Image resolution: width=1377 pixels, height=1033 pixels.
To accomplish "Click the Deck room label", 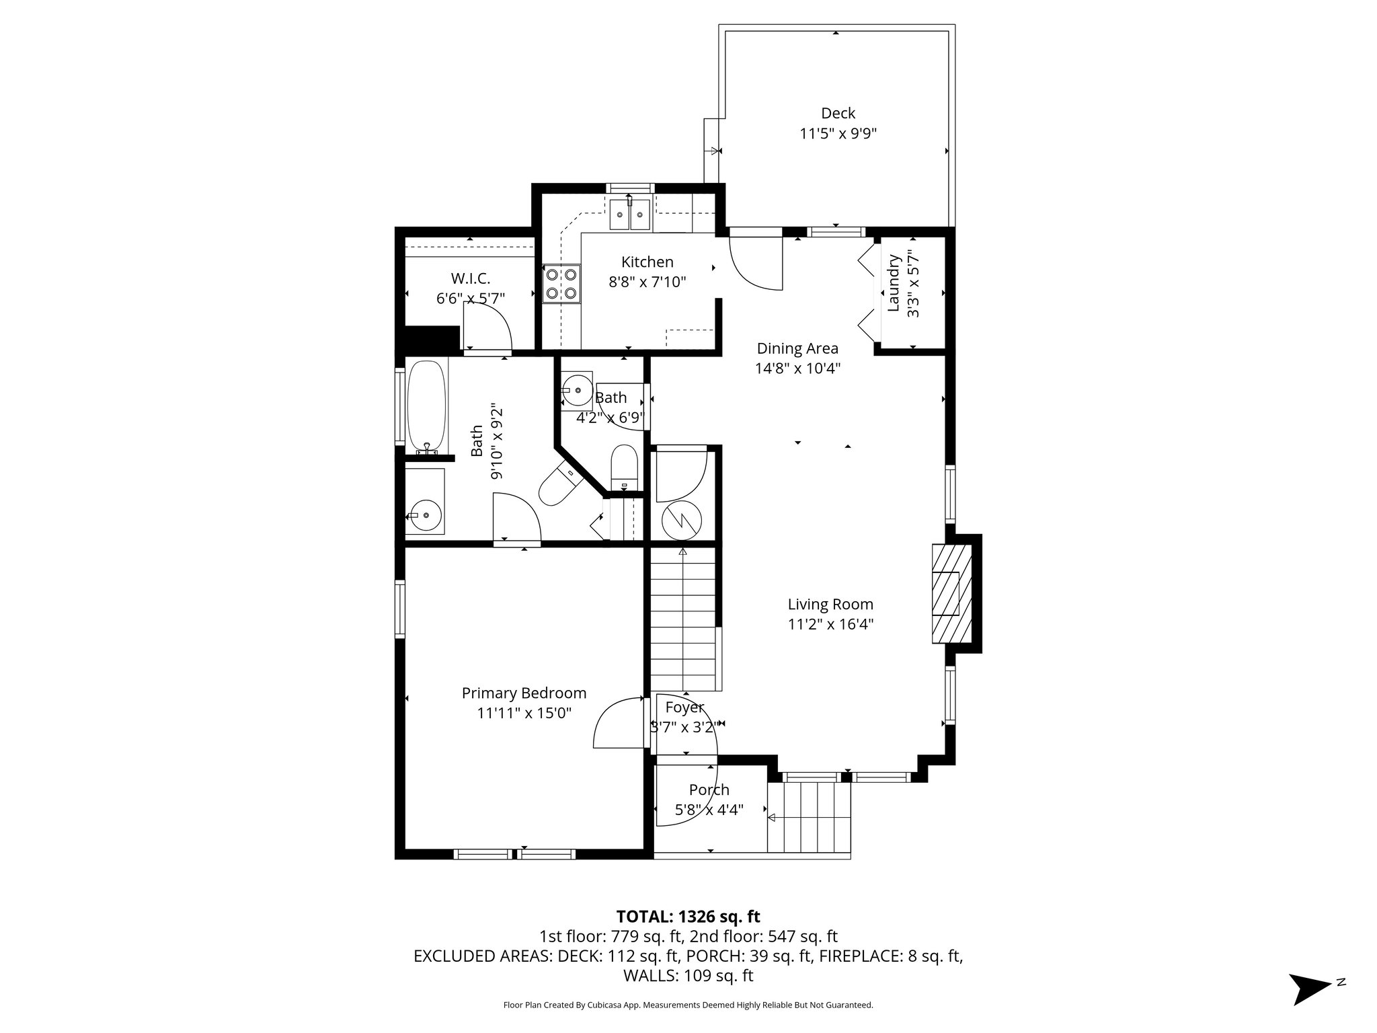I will [838, 113].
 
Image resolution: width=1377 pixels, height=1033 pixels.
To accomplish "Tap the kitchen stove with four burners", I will [561, 283].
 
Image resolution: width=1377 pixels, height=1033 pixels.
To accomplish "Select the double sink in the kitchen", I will [630, 215].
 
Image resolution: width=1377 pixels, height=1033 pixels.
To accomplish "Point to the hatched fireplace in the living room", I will [951, 593].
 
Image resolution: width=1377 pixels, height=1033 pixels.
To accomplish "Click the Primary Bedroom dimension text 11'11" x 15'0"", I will [524, 713].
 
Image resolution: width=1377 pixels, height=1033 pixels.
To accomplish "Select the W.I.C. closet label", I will [470, 278].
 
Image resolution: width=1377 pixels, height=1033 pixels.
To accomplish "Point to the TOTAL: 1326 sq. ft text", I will [688, 916].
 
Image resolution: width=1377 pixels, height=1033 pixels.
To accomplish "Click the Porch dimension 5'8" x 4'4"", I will [709, 810].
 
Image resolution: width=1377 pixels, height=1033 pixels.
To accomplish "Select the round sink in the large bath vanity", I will [425, 516].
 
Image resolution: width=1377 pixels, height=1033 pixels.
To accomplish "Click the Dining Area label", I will [797, 348].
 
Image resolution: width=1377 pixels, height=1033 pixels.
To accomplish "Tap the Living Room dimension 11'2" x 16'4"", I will [830, 624].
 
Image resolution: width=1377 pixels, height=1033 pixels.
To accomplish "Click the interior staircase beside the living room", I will [682, 619].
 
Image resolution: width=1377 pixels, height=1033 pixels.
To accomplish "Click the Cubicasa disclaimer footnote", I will [688, 1005].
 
